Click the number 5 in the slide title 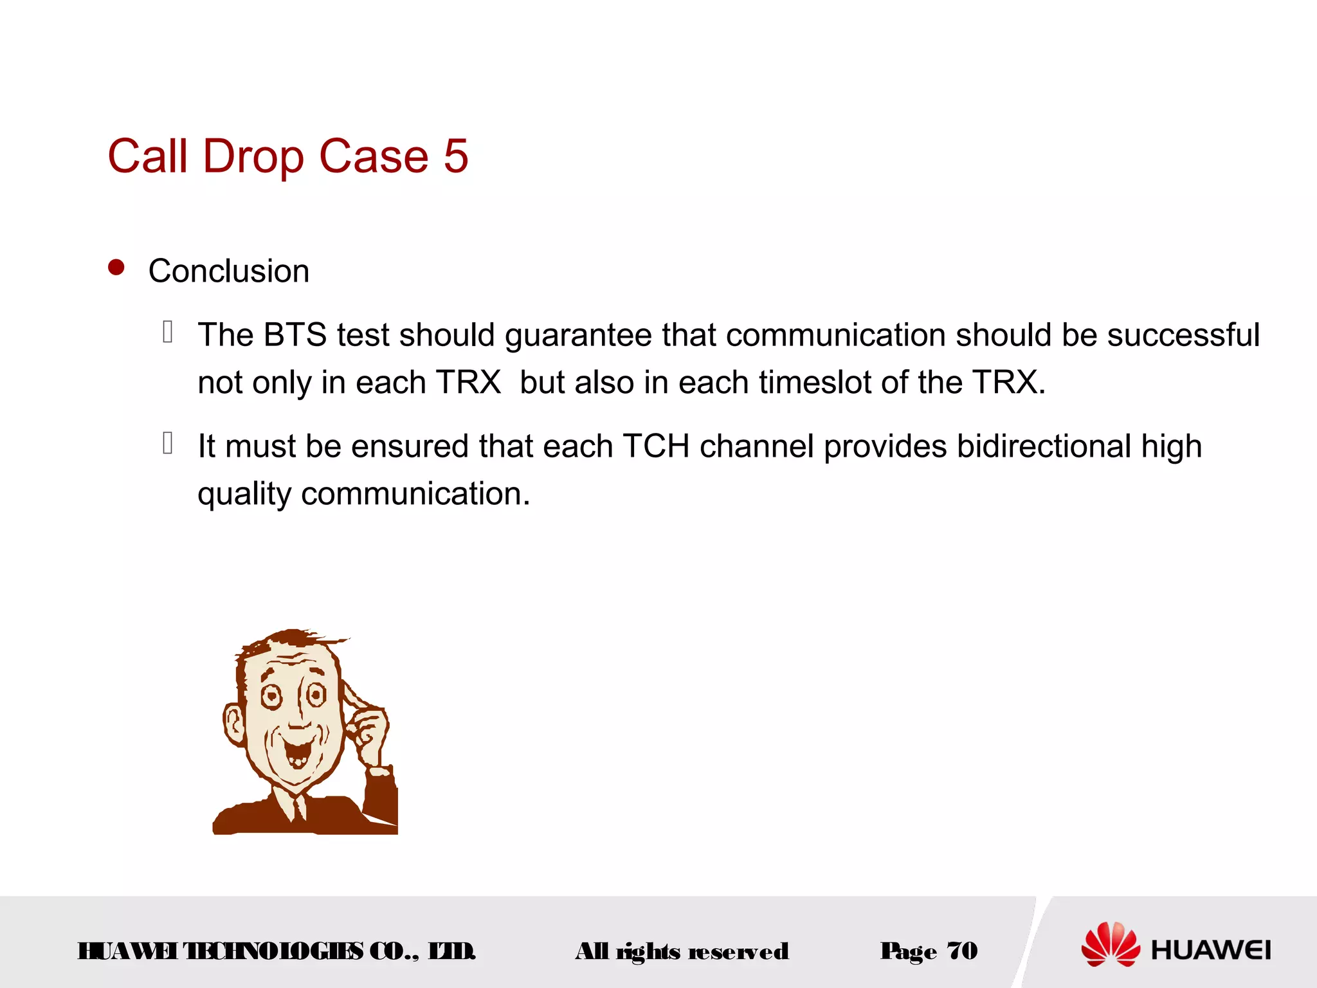pyautogui.click(x=455, y=156)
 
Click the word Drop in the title pyautogui.click(x=253, y=156)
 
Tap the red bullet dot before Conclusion pyautogui.click(x=116, y=268)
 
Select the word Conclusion pyautogui.click(x=229, y=271)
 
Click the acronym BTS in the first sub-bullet pyautogui.click(x=295, y=335)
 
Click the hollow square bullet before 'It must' pyautogui.click(x=168, y=443)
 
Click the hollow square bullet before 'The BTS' pyautogui.click(x=168, y=332)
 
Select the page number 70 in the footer pyautogui.click(x=962, y=951)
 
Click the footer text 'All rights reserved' pyautogui.click(x=682, y=951)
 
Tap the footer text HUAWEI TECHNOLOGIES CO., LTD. pyautogui.click(x=277, y=951)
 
